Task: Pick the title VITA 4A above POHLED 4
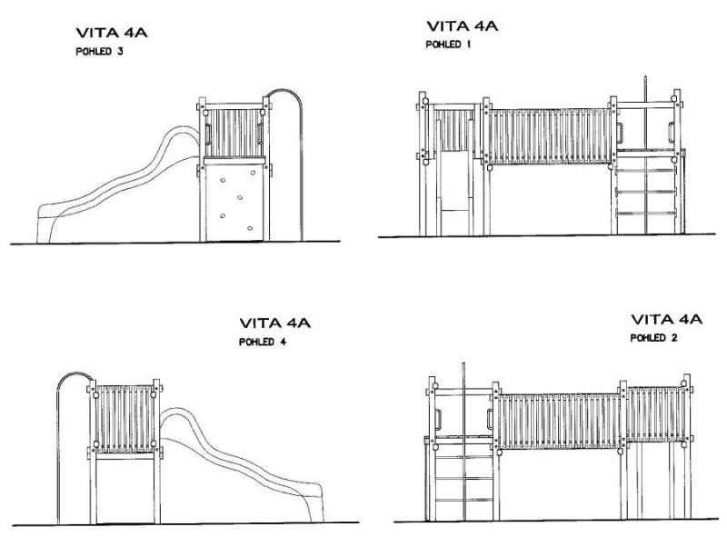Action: pos(275,323)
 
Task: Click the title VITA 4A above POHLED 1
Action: pos(463,26)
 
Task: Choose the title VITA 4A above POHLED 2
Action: pos(666,320)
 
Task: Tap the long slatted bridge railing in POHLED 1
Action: pos(551,136)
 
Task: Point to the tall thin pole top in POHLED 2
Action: pos(465,367)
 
